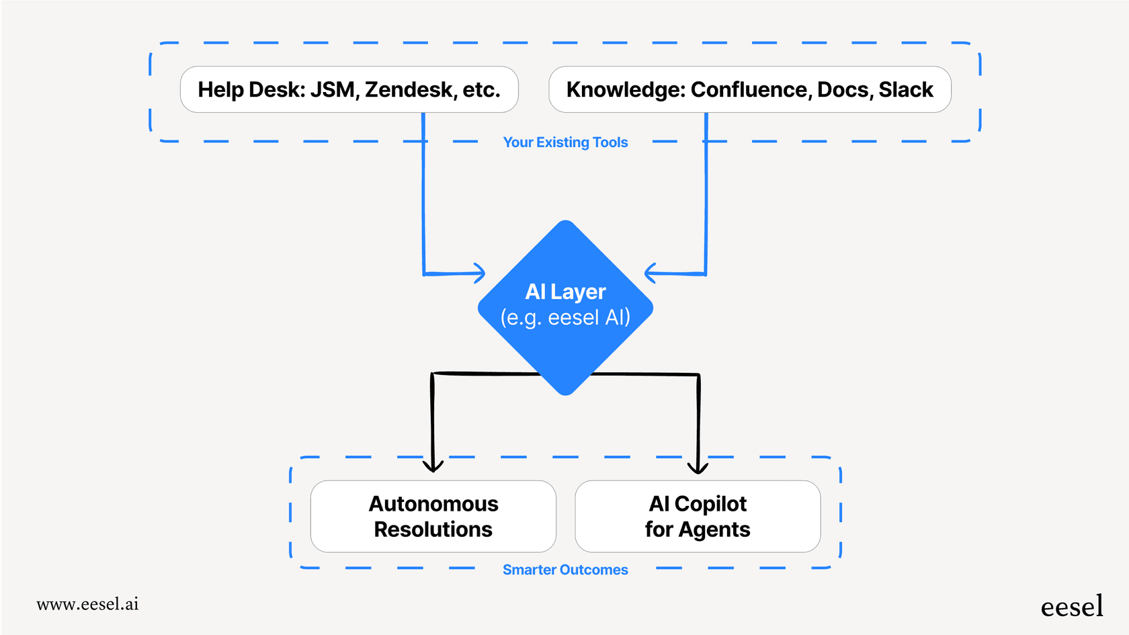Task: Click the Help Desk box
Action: pos(349,89)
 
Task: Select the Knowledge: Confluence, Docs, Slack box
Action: pos(749,89)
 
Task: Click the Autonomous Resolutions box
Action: pos(433,516)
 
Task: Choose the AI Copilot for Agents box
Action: pos(697,516)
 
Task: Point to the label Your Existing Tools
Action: pos(565,142)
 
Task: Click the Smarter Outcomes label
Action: pos(565,570)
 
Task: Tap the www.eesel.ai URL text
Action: pos(87,604)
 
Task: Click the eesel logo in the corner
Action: pos(1071,607)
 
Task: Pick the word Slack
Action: pos(906,89)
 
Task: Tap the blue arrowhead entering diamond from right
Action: pos(650,273)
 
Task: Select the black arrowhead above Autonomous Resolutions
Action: pos(433,466)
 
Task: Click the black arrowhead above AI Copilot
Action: pos(698,467)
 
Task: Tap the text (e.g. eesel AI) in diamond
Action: pos(565,317)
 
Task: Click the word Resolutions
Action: pos(433,530)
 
